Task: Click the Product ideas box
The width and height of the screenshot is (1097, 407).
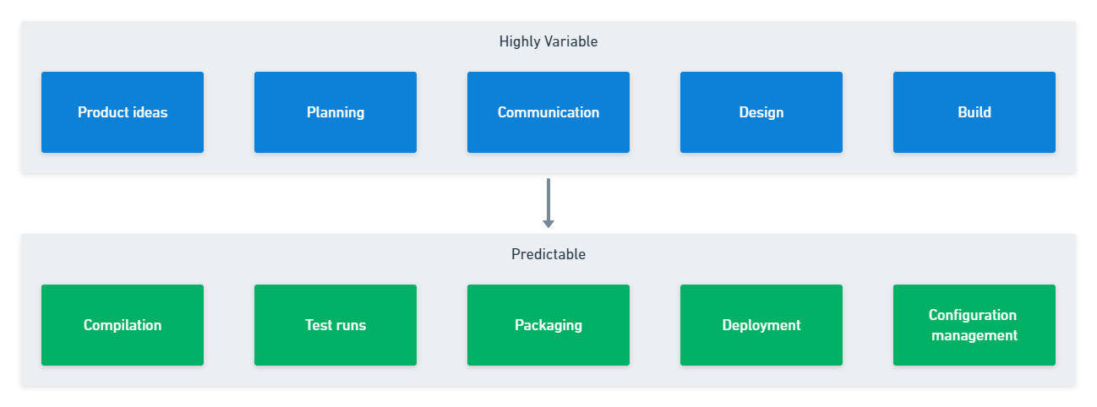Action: (x=123, y=112)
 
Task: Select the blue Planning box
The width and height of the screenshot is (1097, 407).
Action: (x=336, y=112)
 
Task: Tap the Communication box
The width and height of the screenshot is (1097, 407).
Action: (x=548, y=112)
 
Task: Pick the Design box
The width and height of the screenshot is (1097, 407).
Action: (x=761, y=112)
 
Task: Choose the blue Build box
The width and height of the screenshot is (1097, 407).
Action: (x=974, y=112)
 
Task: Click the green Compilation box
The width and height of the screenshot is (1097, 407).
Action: (x=123, y=325)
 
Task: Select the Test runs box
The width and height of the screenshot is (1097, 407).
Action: (x=336, y=325)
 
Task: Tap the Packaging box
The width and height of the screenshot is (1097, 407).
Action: (x=548, y=325)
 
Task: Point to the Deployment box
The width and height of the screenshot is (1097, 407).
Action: (x=761, y=325)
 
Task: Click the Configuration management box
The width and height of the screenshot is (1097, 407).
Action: (x=974, y=325)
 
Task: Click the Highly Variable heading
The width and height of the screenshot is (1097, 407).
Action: (x=548, y=41)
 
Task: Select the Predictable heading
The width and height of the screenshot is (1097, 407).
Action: (x=548, y=254)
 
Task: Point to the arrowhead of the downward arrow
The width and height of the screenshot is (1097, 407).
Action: (x=548, y=225)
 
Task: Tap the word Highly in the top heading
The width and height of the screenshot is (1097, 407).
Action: (x=518, y=41)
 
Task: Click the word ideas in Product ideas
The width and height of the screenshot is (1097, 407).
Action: (x=150, y=112)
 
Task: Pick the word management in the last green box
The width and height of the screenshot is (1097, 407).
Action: (x=974, y=335)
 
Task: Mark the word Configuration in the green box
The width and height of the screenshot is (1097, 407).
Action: (x=973, y=315)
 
